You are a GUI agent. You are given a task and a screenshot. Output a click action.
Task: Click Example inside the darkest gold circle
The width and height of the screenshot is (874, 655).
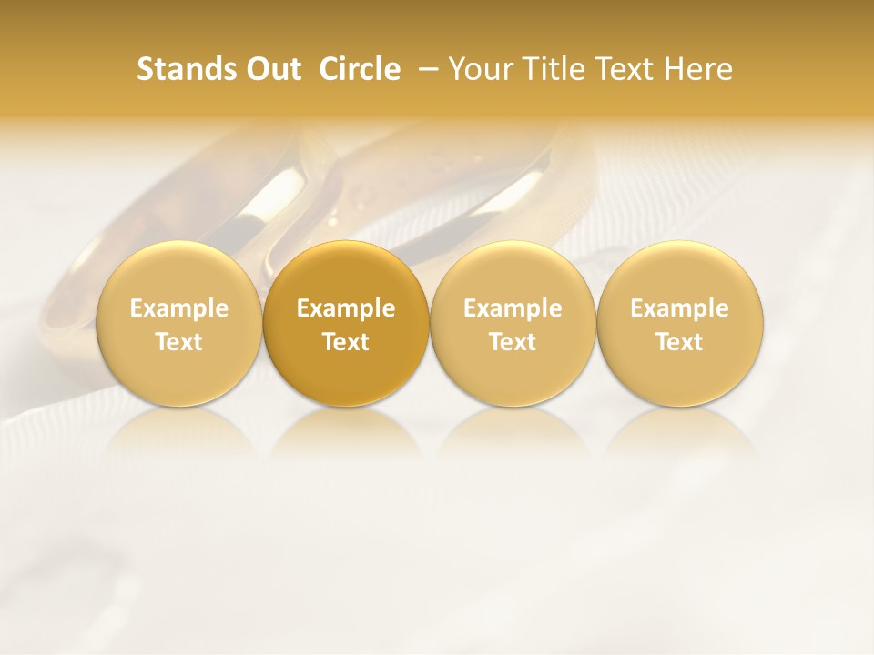[x=346, y=308]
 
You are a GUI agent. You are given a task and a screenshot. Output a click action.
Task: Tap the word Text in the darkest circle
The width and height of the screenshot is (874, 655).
[x=346, y=342]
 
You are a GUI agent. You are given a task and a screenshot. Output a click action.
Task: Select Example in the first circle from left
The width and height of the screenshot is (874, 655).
[x=179, y=308]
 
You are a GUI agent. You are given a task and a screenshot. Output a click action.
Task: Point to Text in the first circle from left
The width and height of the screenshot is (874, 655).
[x=179, y=342]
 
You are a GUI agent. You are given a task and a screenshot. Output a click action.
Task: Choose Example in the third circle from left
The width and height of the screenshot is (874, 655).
[x=513, y=308]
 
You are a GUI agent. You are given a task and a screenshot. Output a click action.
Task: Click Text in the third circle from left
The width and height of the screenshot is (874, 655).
[x=513, y=342]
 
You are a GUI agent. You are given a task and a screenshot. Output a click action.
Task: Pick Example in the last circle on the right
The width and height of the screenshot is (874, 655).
[x=679, y=308]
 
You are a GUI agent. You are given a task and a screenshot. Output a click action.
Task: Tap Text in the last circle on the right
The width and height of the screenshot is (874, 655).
[x=679, y=342]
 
